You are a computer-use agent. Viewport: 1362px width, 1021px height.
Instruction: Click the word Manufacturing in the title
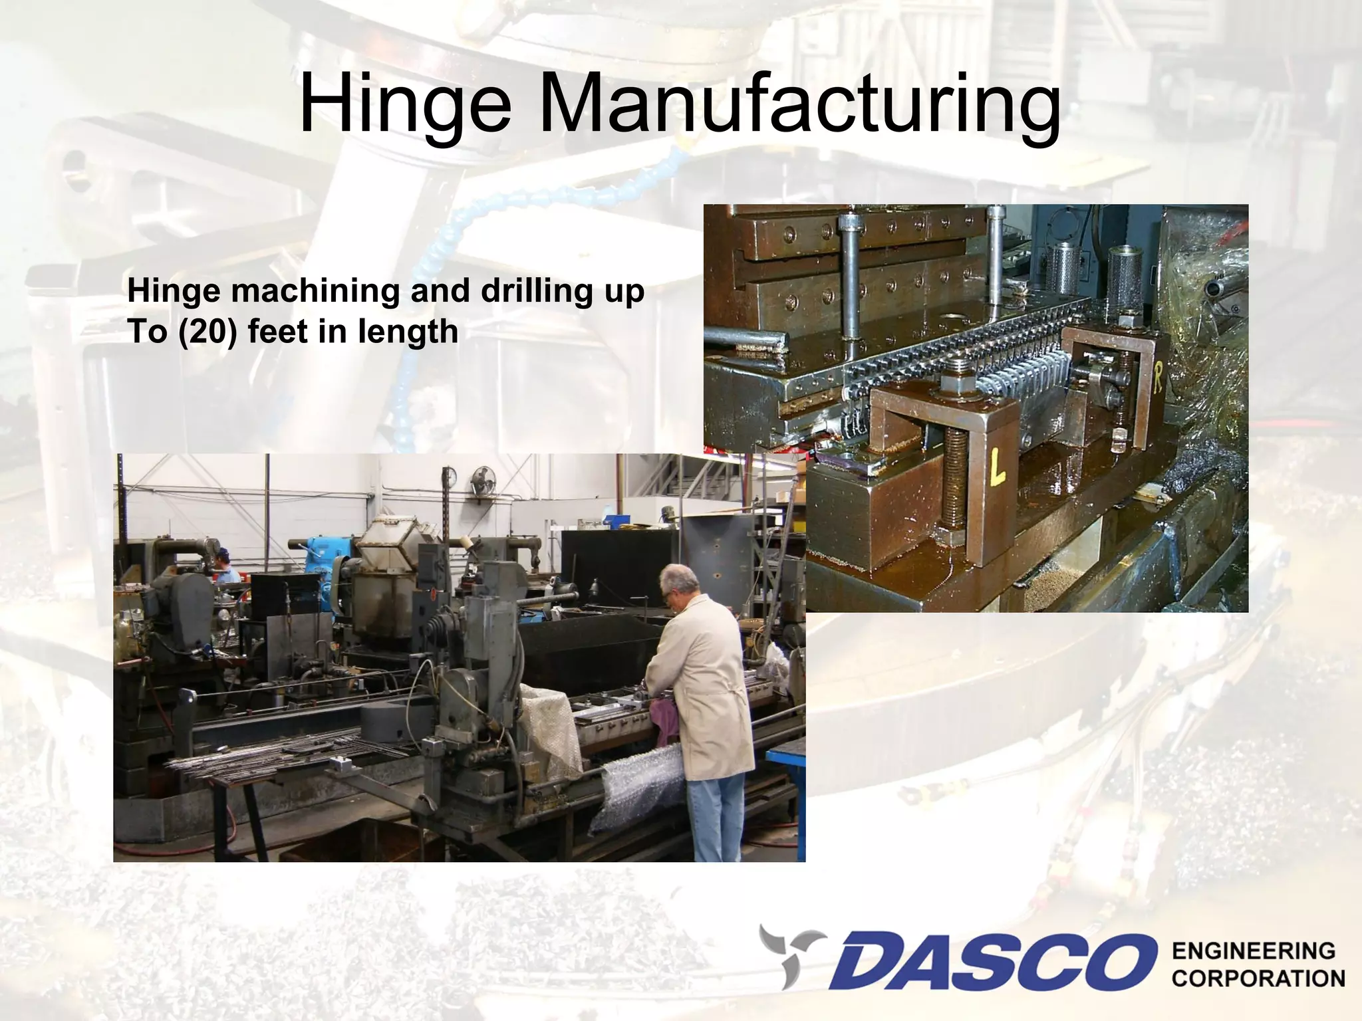(798, 106)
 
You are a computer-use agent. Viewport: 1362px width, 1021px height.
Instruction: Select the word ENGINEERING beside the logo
(1253, 951)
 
